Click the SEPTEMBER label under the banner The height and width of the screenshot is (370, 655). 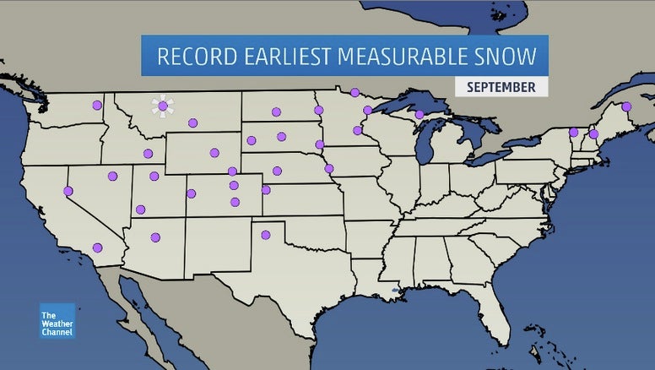pos(501,87)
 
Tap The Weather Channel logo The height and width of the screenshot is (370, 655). pos(57,321)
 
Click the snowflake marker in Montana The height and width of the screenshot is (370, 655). pos(163,106)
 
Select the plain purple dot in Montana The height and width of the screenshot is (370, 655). pos(193,122)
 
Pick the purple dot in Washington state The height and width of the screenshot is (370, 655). pos(96,106)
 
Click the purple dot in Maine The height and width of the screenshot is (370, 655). pos(625,106)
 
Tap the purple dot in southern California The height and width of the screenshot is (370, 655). pos(98,248)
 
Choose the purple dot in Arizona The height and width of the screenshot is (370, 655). pos(155,237)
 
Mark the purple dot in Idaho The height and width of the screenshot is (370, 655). pos(148,154)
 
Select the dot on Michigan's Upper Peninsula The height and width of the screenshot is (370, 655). pos(420,114)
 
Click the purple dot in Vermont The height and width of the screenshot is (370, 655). pos(573,132)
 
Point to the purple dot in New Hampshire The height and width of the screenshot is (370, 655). pos(593,134)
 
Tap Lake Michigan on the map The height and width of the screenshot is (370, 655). pos(426,147)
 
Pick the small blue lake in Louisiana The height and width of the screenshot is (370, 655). pos(394,291)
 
